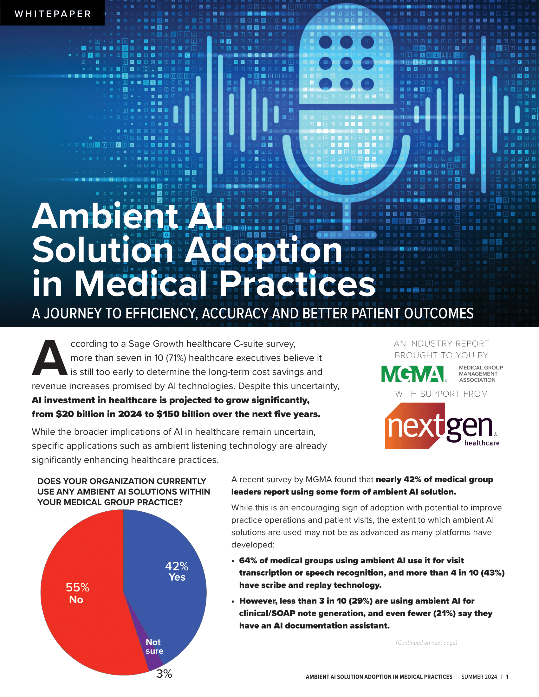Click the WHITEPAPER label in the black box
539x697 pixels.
tap(53, 14)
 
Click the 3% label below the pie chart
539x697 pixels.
tap(164, 674)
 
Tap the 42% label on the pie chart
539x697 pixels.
tap(177, 566)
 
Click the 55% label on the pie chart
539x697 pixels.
tap(78, 587)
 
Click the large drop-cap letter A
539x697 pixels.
tap(49, 358)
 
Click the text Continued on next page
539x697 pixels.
tap(426, 643)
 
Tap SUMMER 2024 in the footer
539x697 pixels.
tap(479, 677)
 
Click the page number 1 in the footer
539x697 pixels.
tap(507, 677)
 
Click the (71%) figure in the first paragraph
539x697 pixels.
tap(176, 358)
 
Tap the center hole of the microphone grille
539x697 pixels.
tap(346, 63)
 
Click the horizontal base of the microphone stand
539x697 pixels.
tap(346, 235)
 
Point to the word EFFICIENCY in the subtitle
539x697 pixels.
tap(162, 314)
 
